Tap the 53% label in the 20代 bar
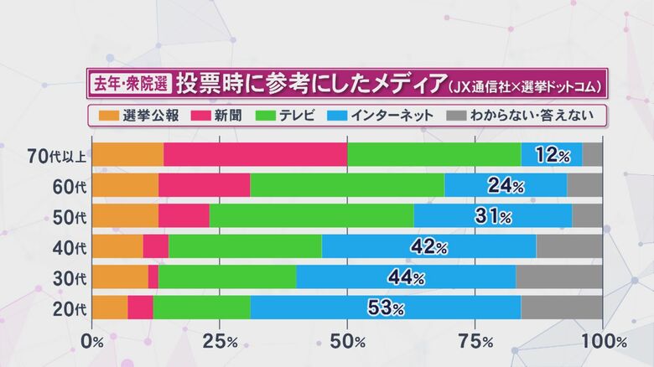(386, 308)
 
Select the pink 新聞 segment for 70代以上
(255, 155)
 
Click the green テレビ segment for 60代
(347, 185)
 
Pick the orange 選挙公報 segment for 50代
(125, 216)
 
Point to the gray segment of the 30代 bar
(558, 277)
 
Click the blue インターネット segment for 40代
(428, 246)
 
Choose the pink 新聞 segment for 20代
(140, 308)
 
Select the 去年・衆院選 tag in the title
(130, 84)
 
